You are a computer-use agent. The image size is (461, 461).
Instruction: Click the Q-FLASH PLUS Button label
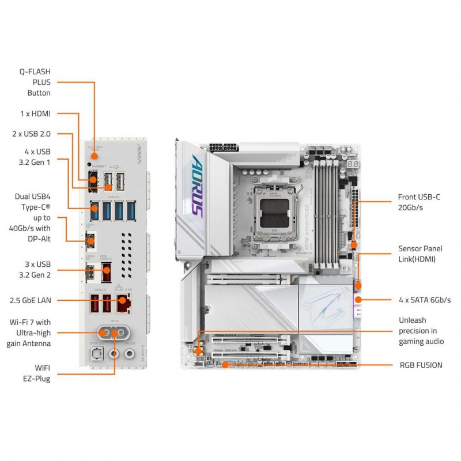(x=39, y=82)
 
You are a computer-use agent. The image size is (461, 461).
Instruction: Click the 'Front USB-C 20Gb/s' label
(x=419, y=202)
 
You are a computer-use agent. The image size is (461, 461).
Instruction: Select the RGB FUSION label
(x=421, y=365)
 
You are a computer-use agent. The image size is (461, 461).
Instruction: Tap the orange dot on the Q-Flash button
(x=93, y=155)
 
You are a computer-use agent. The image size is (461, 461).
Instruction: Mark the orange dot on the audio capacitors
(x=198, y=350)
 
